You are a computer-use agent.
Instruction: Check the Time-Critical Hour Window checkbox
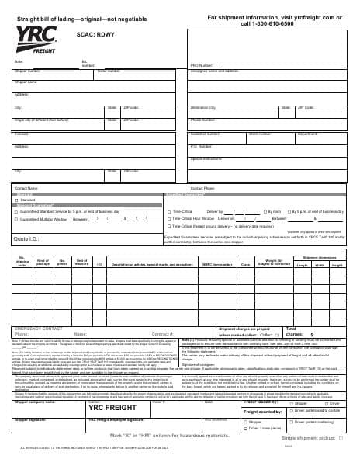pos(168,219)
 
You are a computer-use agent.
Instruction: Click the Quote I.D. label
pos(27,238)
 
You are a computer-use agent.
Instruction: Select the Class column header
pos(246,264)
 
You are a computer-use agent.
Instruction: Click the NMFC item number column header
pos(217,264)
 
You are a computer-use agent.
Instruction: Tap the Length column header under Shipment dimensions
pos(303,265)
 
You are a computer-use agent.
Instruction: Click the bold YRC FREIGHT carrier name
pos(106,386)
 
